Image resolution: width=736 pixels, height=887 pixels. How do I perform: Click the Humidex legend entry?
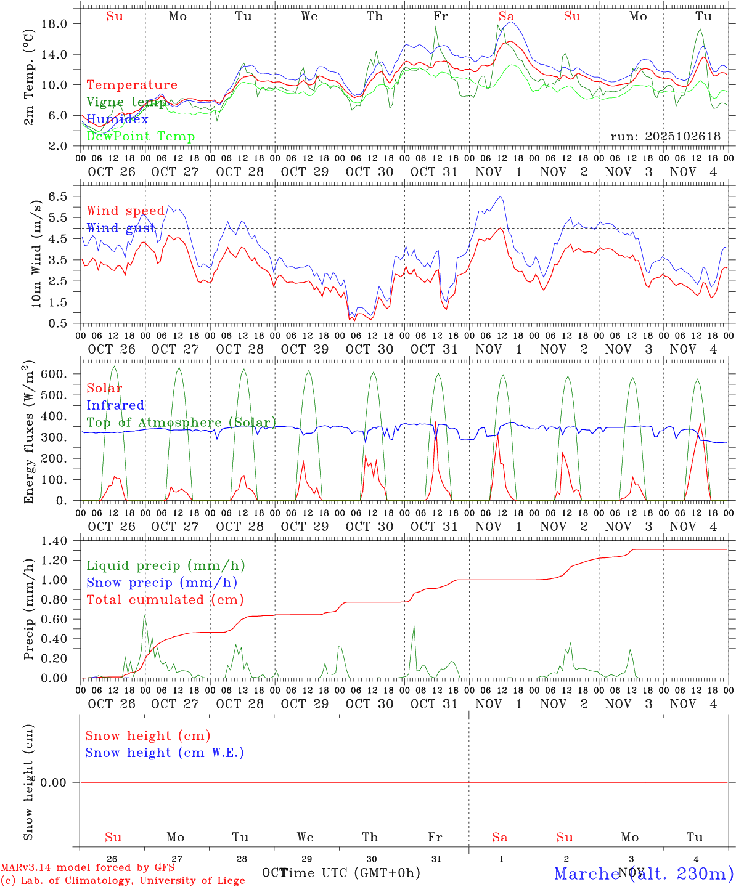click(x=117, y=119)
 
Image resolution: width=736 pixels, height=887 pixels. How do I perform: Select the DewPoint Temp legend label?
click(x=141, y=136)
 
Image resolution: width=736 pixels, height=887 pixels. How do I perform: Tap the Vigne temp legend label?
click(x=126, y=102)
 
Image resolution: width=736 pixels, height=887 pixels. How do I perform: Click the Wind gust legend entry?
click(x=121, y=228)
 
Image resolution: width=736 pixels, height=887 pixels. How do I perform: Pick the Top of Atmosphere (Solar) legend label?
click(x=181, y=423)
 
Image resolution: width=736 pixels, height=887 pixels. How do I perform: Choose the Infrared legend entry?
click(x=115, y=405)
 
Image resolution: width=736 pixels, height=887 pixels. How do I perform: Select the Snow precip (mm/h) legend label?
click(x=162, y=583)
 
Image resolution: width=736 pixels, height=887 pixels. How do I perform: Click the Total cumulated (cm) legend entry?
click(x=165, y=599)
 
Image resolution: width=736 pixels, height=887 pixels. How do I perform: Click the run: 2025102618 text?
click(x=665, y=136)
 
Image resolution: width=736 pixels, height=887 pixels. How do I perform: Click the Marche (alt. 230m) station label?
click(x=644, y=873)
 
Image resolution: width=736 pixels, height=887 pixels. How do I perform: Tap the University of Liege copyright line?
click(x=123, y=880)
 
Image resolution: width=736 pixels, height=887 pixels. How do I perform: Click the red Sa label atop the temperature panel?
click(x=506, y=17)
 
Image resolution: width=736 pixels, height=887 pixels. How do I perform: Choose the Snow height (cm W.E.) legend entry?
click(x=165, y=753)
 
